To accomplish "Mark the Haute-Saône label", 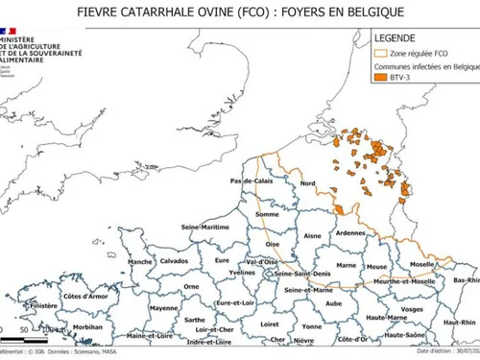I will (x=406, y=334).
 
